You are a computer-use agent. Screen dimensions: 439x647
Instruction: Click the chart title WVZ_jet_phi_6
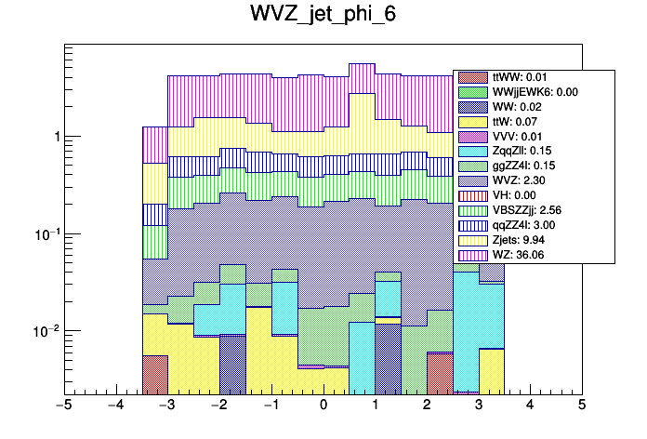(323, 16)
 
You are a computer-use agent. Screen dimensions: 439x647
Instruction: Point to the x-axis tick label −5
(64, 406)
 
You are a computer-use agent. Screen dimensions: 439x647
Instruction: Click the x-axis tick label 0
(323, 406)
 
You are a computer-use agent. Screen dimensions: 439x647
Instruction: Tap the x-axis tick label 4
(530, 406)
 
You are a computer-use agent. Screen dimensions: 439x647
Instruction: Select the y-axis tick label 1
(57, 137)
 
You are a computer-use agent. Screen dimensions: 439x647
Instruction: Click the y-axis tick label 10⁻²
(46, 331)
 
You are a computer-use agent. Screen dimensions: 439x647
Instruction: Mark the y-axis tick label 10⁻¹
(46, 233)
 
